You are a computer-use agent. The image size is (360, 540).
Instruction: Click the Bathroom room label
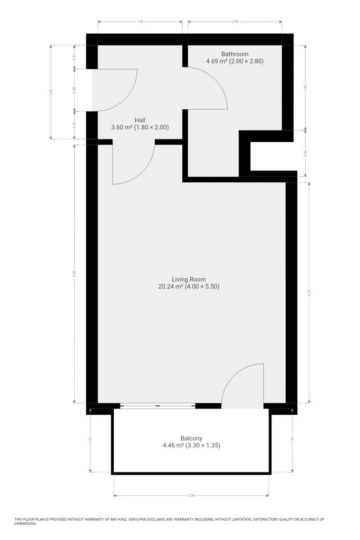click(x=234, y=54)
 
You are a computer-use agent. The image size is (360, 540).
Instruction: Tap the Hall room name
click(x=140, y=120)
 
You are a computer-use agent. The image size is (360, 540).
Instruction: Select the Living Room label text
click(x=189, y=279)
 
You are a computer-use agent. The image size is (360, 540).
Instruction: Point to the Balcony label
click(x=191, y=438)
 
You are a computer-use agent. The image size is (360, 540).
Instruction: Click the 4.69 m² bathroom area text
click(x=217, y=61)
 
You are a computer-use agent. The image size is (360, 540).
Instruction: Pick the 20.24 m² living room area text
click(x=171, y=287)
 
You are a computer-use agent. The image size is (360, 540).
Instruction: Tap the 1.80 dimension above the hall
click(x=140, y=22)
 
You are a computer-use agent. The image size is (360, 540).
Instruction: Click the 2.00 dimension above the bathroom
click(x=235, y=22)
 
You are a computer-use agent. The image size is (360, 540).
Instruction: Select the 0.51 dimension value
click(x=75, y=57)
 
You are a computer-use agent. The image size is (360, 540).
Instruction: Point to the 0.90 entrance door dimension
click(x=75, y=90)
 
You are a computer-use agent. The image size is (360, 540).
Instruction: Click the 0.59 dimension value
click(x=75, y=126)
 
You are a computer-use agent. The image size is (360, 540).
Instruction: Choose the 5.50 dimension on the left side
click(x=75, y=274)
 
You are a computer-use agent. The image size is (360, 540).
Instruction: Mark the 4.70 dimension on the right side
click(x=309, y=292)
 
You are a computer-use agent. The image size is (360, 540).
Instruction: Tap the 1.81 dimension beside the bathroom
click(x=306, y=88)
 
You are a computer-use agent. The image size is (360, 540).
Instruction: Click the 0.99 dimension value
click(x=306, y=153)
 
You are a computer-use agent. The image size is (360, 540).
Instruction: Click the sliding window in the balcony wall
click(x=157, y=406)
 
